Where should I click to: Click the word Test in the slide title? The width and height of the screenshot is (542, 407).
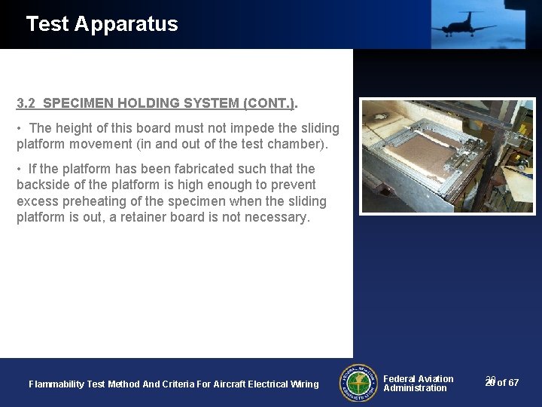click(47, 24)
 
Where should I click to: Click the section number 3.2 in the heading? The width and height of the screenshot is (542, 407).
click(26, 103)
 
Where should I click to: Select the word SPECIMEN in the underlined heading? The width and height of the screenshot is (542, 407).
click(78, 103)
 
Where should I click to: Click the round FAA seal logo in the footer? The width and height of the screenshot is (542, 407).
click(358, 384)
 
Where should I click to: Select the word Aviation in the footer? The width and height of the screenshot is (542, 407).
click(436, 379)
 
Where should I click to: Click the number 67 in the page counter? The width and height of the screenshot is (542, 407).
click(513, 384)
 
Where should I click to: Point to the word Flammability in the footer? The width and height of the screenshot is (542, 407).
click(56, 384)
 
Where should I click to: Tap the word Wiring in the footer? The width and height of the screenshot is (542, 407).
click(303, 384)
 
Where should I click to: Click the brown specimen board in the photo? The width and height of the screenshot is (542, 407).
click(419, 155)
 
